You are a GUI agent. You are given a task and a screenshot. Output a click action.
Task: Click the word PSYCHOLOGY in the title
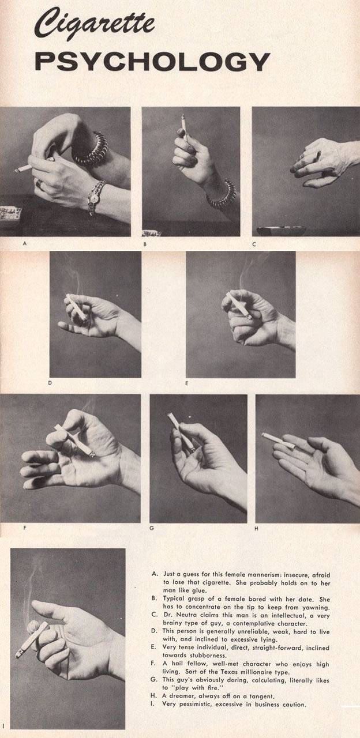pyautogui.click(x=152, y=62)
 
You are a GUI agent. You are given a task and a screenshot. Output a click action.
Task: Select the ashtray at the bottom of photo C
pyautogui.click(x=282, y=231)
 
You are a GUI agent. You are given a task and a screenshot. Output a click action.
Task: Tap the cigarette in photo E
pyautogui.click(x=239, y=306)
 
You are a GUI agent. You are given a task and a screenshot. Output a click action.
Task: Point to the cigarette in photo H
pyautogui.click(x=279, y=441)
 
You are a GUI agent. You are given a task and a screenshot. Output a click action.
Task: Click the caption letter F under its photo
pyautogui.click(x=25, y=528)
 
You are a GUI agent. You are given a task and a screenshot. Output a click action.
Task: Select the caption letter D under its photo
pyautogui.click(x=50, y=383)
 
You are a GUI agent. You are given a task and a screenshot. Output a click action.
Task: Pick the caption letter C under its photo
pyautogui.click(x=254, y=244)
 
